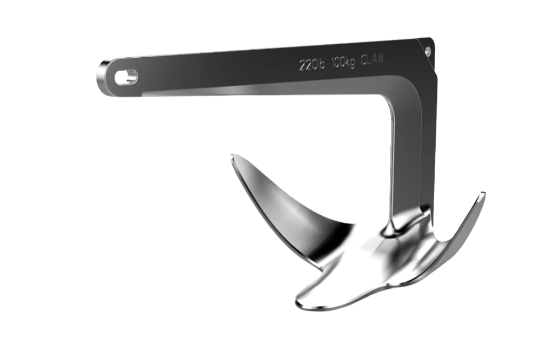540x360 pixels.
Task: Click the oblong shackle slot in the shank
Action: (x=126, y=77)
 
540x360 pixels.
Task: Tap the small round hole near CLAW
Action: (x=428, y=52)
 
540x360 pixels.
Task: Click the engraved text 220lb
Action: (x=312, y=64)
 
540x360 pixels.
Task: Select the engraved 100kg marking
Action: (x=343, y=62)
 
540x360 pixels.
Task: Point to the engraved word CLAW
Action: (x=372, y=59)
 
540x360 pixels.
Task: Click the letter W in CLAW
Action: (x=380, y=58)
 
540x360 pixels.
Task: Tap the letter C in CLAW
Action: (x=363, y=60)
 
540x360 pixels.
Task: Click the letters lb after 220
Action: (x=321, y=64)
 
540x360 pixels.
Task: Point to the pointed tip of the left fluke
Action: (x=232, y=156)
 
